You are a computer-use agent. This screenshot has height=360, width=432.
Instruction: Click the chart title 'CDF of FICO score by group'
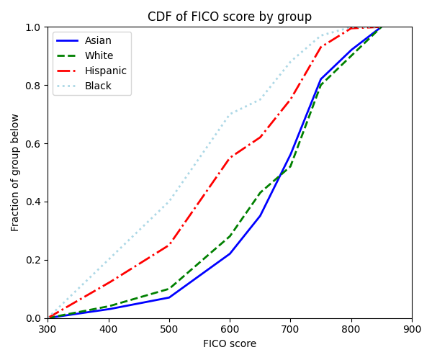point(230,17)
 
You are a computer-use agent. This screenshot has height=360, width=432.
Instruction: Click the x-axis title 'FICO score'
point(230,344)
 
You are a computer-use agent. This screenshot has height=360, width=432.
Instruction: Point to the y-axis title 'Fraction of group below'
point(16,173)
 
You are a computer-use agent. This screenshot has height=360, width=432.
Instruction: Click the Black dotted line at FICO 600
point(230,114)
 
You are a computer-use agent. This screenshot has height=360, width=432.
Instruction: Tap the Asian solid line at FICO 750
point(321,79)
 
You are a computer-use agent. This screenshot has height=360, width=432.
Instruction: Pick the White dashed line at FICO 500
point(169,289)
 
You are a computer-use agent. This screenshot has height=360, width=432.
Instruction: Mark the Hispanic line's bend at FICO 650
point(260,138)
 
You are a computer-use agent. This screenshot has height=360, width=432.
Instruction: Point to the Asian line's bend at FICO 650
point(260,216)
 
